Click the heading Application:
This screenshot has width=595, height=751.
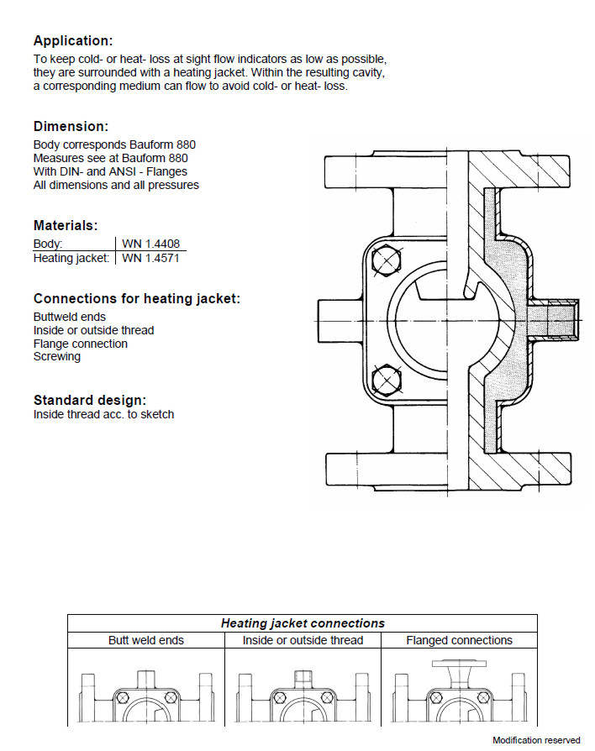coord(73,40)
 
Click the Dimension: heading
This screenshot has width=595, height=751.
coord(71,126)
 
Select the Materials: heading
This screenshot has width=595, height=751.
coord(66,225)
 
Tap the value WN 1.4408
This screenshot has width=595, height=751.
coord(150,244)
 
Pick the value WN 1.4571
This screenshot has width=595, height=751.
coord(150,258)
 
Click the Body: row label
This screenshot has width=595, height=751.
coord(48,244)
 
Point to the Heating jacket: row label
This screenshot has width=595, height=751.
coord(71,258)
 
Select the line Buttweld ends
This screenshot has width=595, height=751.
coord(70,317)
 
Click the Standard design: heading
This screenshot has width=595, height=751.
coord(90,400)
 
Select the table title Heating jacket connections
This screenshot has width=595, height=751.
coord(303,623)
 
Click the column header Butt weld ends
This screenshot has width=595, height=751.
coord(146,640)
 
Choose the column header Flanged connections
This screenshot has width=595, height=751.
coord(459,640)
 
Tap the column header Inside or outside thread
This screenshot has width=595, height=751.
coord(303,640)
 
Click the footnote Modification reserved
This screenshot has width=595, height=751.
coord(536,740)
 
